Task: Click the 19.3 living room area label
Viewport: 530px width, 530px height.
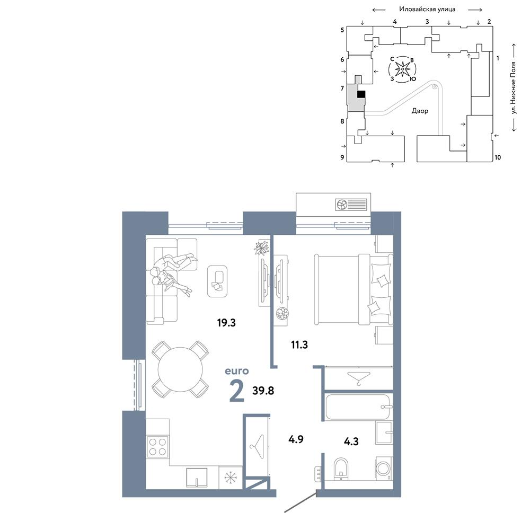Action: pyautogui.click(x=226, y=323)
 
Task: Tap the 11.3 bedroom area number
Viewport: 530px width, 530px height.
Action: pyautogui.click(x=299, y=345)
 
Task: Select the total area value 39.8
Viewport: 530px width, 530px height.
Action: pyautogui.click(x=263, y=391)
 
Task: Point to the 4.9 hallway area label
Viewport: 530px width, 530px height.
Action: pyautogui.click(x=296, y=439)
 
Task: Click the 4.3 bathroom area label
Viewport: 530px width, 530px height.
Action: pyautogui.click(x=351, y=441)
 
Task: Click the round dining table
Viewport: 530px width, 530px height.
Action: pyautogui.click(x=181, y=369)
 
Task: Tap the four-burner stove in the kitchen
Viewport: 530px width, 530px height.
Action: pyautogui.click(x=157, y=447)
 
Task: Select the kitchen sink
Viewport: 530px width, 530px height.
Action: pyautogui.click(x=197, y=478)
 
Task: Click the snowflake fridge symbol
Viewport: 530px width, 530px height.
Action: pyautogui.click(x=231, y=478)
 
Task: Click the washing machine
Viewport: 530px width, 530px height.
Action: pyautogui.click(x=384, y=469)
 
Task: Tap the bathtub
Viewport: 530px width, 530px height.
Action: pyautogui.click(x=358, y=407)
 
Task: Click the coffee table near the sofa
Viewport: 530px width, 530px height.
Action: pyautogui.click(x=217, y=281)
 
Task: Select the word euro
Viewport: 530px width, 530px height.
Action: pyautogui.click(x=237, y=371)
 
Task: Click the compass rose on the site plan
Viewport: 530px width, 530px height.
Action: pyautogui.click(x=403, y=69)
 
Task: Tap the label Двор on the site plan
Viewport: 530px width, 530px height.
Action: pyautogui.click(x=420, y=111)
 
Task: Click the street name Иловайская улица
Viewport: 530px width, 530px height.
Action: pyautogui.click(x=427, y=9)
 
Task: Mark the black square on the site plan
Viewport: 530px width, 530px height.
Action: pyautogui.click(x=361, y=94)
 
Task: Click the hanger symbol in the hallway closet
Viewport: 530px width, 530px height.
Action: pyautogui.click(x=257, y=446)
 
